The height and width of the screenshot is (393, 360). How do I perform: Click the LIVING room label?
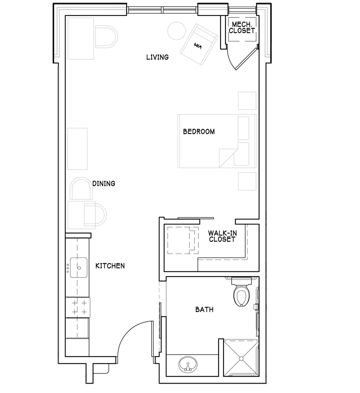tap(157, 57)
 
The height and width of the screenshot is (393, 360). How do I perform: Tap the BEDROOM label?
tap(199, 131)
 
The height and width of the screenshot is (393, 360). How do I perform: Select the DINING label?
tap(104, 183)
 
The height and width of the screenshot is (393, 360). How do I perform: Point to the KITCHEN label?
tap(110, 265)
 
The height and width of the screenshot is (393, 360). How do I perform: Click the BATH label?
tap(204, 309)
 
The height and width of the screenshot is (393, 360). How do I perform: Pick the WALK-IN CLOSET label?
tap(222, 236)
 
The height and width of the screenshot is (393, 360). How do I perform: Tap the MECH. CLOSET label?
tap(242, 27)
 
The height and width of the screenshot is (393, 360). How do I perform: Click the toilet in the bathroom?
tap(241, 291)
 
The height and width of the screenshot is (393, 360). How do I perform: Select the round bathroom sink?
tap(188, 364)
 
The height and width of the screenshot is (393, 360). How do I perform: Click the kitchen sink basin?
tap(78, 267)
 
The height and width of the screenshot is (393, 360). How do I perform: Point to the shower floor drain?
tap(241, 358)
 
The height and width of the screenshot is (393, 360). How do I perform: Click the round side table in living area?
tap(176, 31)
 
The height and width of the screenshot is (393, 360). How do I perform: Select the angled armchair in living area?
tap(199, 44)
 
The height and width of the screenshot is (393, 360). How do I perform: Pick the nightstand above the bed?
tap(247, 101)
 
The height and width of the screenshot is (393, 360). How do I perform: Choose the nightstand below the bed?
tap(247, 181)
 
